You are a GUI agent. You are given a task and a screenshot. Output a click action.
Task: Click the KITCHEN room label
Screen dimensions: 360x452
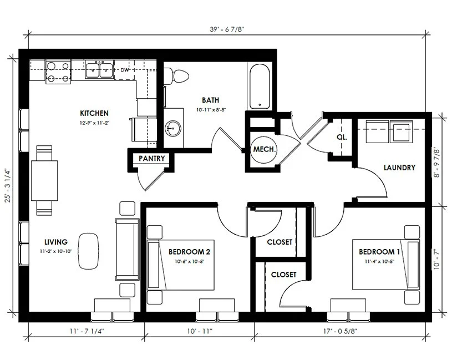coord(94,113)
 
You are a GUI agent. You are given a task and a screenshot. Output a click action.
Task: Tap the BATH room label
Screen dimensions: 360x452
coord(210,100)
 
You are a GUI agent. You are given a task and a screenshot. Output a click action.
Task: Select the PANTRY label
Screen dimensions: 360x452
coord(152,159)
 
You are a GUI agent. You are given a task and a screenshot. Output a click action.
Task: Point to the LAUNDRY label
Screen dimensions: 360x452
coord(399,168)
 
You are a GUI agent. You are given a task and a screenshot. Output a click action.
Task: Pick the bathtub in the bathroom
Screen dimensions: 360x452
coord(260,87)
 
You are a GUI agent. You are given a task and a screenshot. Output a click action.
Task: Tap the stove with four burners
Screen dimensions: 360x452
coord(58,71)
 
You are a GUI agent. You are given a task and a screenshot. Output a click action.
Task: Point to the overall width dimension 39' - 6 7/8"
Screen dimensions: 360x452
coord(227,31)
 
